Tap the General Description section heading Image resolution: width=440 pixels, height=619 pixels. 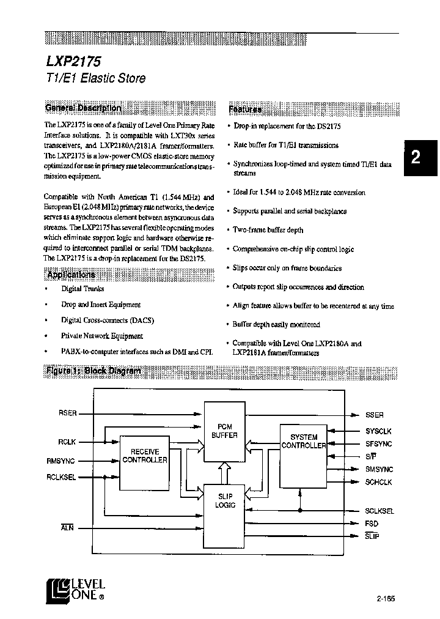click(x=83, y=108)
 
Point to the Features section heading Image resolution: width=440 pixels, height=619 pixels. click(x=245, y=109)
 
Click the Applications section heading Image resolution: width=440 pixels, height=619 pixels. click(x=71, y=275)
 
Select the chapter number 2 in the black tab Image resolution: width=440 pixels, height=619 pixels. click(x=416, y=157)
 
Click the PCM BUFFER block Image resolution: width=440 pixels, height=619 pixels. click(x=224, y=431)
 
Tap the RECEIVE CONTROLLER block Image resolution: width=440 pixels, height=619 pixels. click(x=145, y=456)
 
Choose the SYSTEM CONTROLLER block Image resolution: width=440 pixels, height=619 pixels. click(x=303, y=442)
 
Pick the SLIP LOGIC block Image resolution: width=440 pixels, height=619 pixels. click(x=224, y=501)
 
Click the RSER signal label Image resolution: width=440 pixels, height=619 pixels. click(x=67, y=413)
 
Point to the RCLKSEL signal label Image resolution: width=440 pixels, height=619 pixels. click(x=61, y=477)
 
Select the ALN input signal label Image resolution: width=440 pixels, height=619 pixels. click(x=68, y=527)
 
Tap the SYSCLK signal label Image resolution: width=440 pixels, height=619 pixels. click(x=379, y=431)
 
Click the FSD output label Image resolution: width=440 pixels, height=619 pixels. click(x=372, y=524)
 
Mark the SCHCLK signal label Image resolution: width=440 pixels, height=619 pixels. click(x=379, y=482)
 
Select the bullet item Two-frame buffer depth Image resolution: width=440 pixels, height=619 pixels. click(x=268, y=230)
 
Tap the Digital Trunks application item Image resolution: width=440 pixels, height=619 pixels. click(x=82, y=289)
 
